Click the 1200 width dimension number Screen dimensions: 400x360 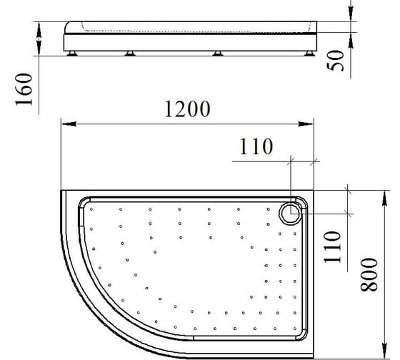coord(187,109)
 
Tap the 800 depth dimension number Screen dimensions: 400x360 coord(369,275)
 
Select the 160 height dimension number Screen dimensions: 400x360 coord(24,89)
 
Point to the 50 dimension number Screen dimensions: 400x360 coord(335,61)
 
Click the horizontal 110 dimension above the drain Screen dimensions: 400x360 coord(256,146)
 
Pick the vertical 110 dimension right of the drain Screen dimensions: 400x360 coord(332,247)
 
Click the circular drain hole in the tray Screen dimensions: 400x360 coord(291,214)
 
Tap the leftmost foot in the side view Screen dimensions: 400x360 coord(71,54)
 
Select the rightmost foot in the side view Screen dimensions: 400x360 coord(310,54)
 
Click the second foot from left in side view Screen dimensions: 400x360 coord(130,54)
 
